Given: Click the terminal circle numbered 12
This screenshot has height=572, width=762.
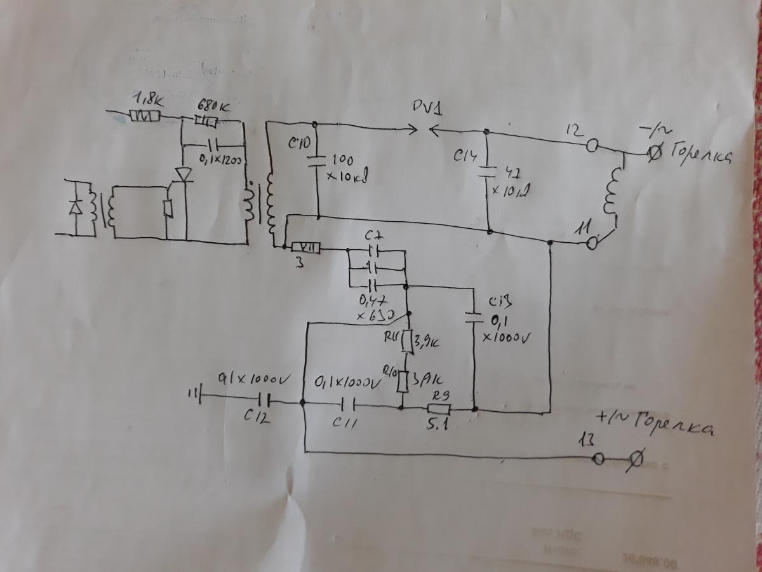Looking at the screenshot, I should coord(592,147).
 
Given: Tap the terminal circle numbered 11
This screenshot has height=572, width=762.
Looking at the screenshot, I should coord(592,242).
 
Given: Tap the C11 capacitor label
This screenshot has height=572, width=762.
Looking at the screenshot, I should coord(345,422).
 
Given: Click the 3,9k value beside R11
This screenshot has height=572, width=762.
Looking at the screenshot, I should coord(429,344).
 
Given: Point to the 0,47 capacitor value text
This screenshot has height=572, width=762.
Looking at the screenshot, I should coord(373,301).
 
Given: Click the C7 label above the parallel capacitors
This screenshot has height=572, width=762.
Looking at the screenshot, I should coord(373,236).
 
